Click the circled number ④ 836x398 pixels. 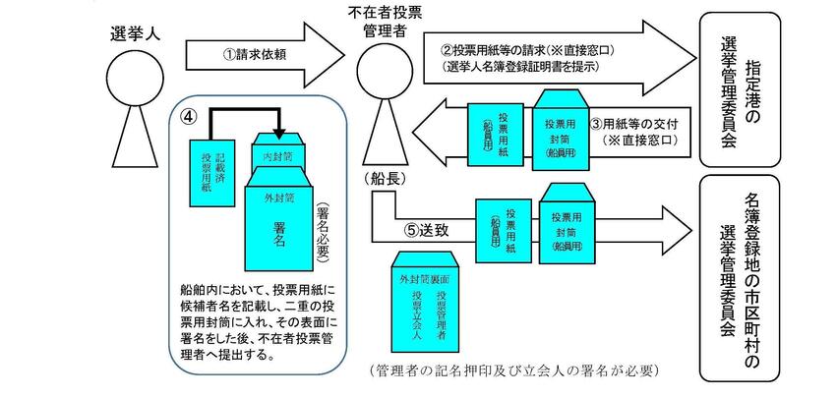tap(190, 115)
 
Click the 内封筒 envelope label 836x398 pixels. tap(280, 155)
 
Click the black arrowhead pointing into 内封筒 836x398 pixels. tap(280, 133)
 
